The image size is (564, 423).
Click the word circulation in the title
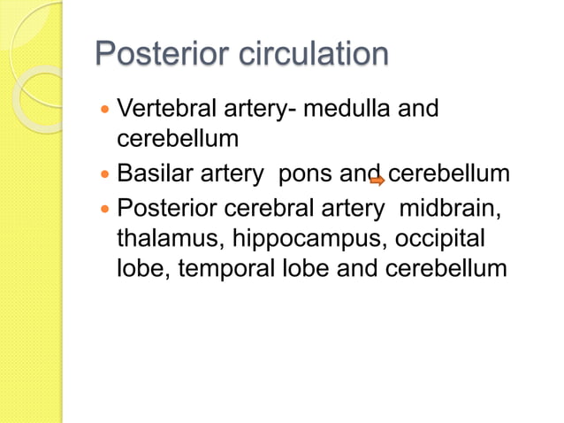point(314,55)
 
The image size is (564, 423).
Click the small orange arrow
point(377,181)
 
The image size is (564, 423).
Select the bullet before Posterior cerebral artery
point(107,211)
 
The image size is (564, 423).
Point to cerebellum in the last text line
point(446,268)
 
